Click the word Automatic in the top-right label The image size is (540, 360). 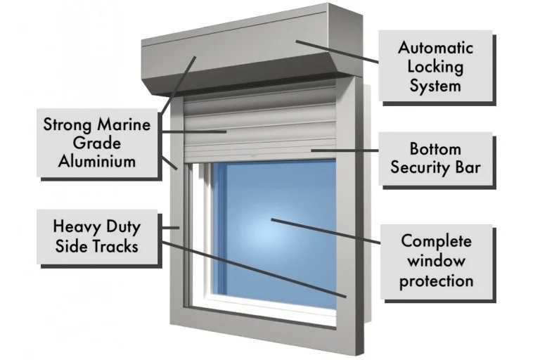coord(435,48)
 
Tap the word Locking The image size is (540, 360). coord(435,67)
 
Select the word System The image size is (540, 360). coord(435,86)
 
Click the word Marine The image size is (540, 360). coord(124,124)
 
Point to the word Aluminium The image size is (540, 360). coord(97,161)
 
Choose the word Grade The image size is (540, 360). coord(97,142)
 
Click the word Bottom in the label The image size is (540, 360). coord(435,149)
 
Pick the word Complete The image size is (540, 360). coord(437,241)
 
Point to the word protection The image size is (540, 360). coord(437,281)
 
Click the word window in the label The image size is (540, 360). coord(437,261)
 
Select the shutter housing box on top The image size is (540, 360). coord(252,51)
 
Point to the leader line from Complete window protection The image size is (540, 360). coord(326,231)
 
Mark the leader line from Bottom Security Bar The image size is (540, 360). coord(345,150)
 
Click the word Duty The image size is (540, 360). coord(124,227)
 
